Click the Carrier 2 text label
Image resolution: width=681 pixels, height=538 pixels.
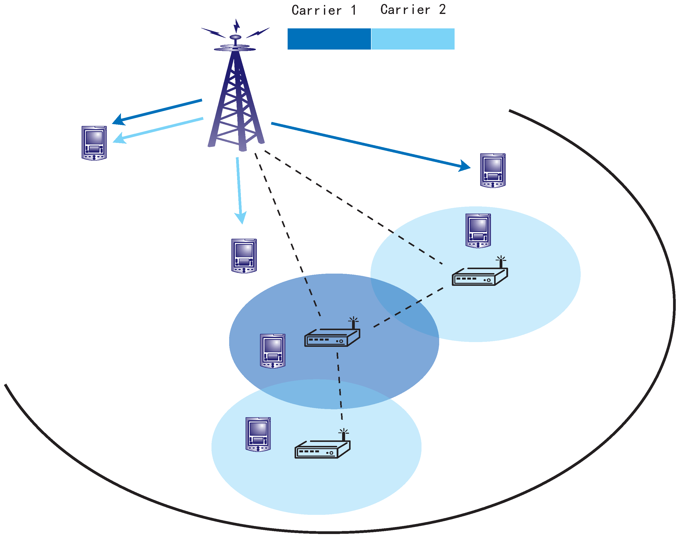point(413,10)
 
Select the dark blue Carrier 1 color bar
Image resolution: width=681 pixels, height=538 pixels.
point(329,39)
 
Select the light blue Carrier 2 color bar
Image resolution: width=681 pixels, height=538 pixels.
point(413,39)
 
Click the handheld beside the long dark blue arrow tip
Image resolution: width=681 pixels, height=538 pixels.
point(493,170)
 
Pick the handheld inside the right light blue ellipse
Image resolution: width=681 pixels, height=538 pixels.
point(478,231)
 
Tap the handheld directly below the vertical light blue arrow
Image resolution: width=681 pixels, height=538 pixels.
point(244,256)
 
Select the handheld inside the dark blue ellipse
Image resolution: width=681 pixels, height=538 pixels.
point(273,351)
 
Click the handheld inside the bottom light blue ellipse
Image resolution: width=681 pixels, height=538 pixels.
point(258,434)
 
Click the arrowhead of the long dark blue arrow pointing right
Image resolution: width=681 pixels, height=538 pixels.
point(465,166)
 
